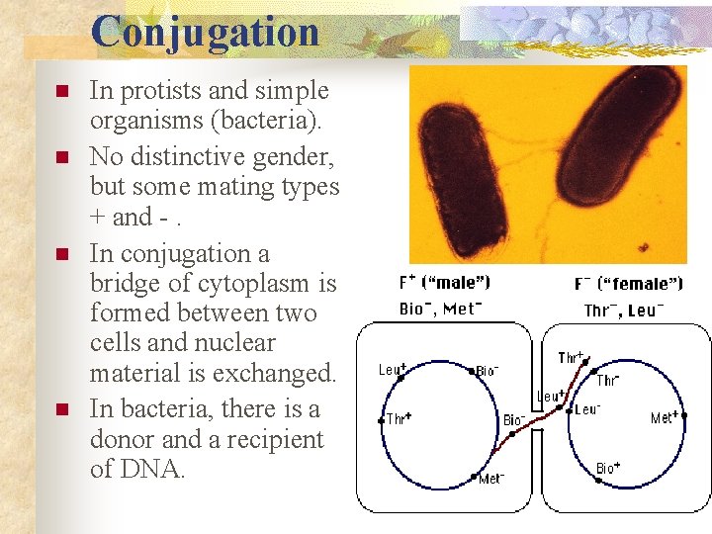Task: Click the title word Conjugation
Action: point(206,31)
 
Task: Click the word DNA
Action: point(160,469)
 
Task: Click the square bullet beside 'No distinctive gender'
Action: point(61,157)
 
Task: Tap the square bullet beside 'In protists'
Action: point(61,92)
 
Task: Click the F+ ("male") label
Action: point(444,283)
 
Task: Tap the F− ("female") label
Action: point(628,284)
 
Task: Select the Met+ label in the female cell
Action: point(664,417)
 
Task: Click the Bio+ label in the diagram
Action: point(608,467)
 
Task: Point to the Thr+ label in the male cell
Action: point(399,418)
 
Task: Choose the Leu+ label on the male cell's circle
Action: point(392,370)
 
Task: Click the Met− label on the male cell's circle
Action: point(491,479)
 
